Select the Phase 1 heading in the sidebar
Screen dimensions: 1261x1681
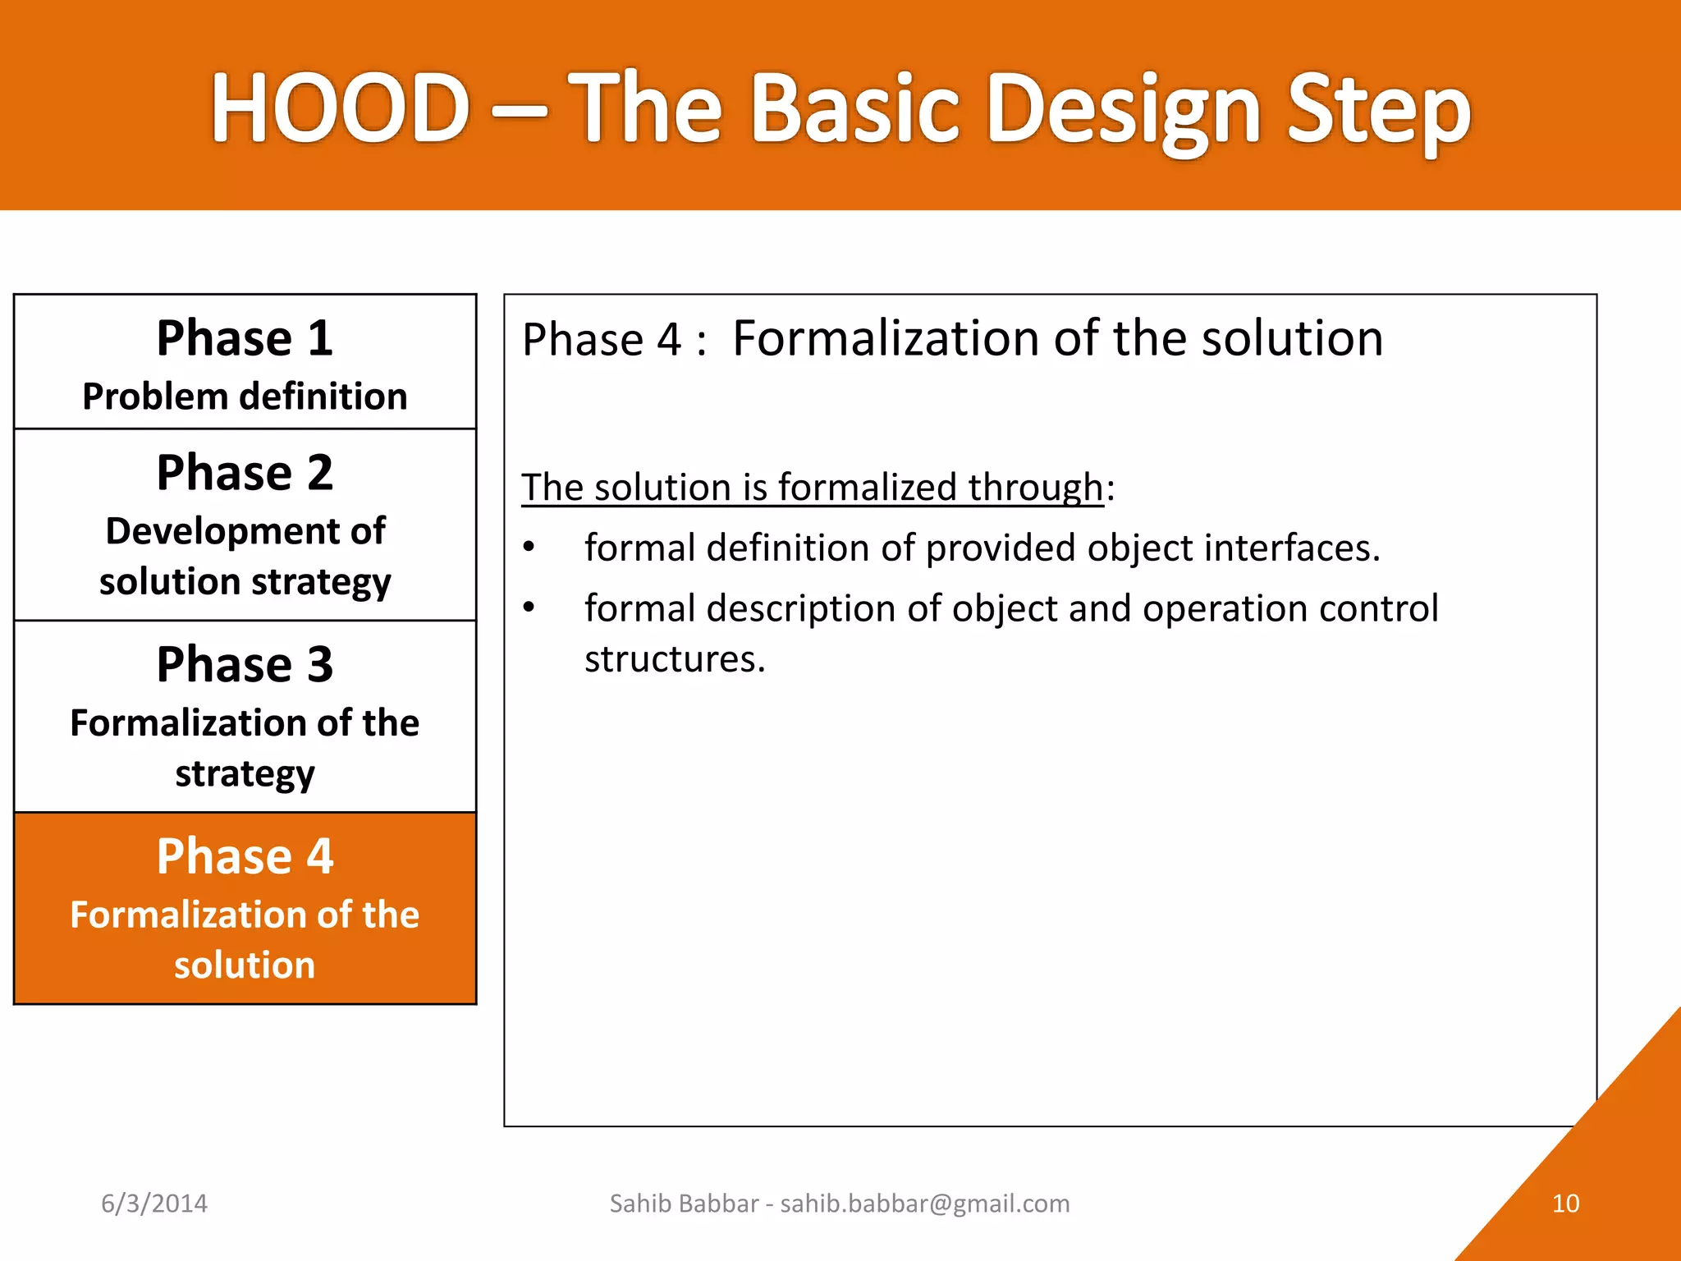tap(245, 338)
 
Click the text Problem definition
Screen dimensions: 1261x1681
tap(245, 397)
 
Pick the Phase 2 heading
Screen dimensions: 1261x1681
tap(245, 473)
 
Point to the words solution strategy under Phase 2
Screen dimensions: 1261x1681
tap(245, 582)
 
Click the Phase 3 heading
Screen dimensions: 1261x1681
tap(245, 664)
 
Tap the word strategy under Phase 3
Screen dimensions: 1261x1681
tap(245, 774)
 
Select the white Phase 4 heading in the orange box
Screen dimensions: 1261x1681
tap(245, 856)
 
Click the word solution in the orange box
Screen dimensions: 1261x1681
tap(245, 965)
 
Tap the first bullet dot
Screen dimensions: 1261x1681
tap(529, 547)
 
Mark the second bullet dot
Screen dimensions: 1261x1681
tap(529, 608)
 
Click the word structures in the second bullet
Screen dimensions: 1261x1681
tap(674, 659)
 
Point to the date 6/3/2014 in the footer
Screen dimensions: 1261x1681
tap(154, 1204)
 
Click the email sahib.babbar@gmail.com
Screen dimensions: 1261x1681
tap(925, 1204)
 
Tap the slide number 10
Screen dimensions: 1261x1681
tap(1565, 1204)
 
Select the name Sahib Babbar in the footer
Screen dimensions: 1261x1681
tap(684, 1204)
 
